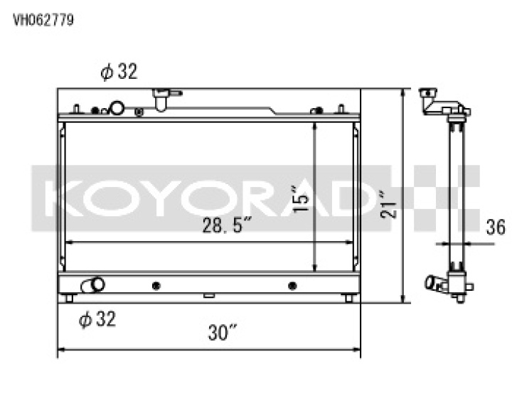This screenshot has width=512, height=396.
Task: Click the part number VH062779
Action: tap(43, 19)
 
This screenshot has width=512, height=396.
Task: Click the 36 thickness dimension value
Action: tap(496, 228)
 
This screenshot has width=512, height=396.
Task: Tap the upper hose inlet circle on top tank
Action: tap(116, 109)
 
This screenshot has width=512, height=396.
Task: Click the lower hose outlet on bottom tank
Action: tap(94, 285)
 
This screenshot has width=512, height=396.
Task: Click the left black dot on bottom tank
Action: tap(156, 286)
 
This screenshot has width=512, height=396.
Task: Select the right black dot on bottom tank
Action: tap(292, 286)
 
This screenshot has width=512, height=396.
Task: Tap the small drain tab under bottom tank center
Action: tap(208, 296)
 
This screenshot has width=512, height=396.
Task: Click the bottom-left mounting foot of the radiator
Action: tap(69, 298)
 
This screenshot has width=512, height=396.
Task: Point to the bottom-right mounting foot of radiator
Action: tap(348, 298)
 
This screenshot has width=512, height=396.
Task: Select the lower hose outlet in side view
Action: tap(432, 284)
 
